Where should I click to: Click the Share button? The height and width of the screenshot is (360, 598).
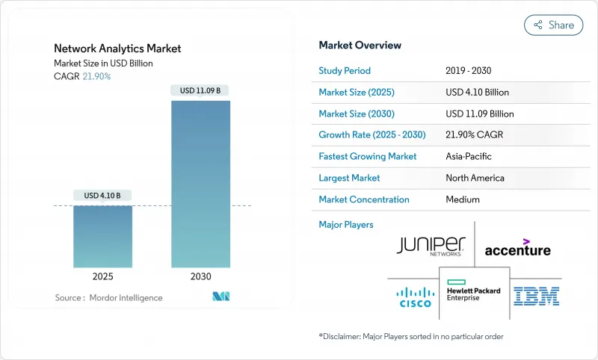tap(553, 25)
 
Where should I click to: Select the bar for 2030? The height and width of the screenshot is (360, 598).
tap(201, 184)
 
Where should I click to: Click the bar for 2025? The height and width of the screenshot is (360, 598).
tap(102, 236)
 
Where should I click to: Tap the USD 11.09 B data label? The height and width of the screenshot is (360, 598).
tap(201, 91)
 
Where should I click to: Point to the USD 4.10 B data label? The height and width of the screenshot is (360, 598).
tap(102, 196)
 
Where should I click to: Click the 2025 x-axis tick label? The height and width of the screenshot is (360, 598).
tap(102, 277)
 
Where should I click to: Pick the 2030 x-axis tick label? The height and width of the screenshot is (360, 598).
tap(201, 277)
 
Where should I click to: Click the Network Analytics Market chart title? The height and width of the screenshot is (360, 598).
tap(117, 49)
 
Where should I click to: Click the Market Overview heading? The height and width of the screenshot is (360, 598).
tap(360, 46)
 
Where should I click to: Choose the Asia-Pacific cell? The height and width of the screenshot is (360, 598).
tap(469, 157)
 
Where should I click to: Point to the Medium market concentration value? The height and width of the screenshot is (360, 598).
tap(462, 199)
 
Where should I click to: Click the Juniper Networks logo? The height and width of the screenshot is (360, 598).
tap(431, 246)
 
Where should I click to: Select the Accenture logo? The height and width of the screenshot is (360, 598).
tap(517, 247)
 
